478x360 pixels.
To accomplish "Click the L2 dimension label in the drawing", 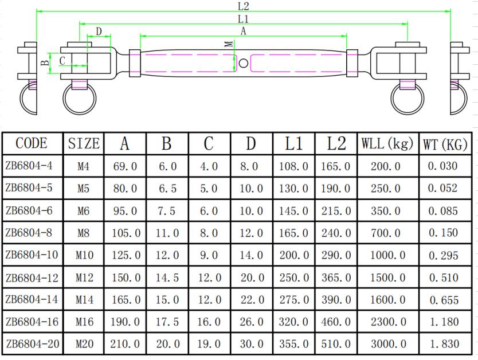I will pyautogui.click(x=243, y=6).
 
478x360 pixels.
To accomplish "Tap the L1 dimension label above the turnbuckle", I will pyautogui.click(x=243, y=19).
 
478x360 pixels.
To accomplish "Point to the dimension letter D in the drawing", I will pyautogui.click(x=99, y=31).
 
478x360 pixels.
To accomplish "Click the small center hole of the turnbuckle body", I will pyautogui.click(x=243, y=62).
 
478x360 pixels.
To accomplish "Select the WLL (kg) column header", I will pyautogui.click(x=387, y=144).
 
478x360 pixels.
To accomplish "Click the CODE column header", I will pyautogui.click(x=32, y=143).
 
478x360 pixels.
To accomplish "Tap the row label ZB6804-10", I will pyautogui.click(x=32, y=255).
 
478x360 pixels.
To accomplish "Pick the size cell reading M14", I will pyautogui.click(x=84, y=300).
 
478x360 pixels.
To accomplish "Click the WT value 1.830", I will pyautogui.click(x=443, y=345).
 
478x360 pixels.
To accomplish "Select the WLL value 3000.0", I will pyautogui.click(x=386, y=345).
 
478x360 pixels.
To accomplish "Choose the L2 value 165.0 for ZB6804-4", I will pyautogui.click(x=336, y=167).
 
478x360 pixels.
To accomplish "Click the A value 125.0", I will pyautogui.click(x=124, y=256).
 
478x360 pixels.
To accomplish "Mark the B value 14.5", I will pyautogui.click(x=166, y=278).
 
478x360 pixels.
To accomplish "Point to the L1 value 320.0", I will pyautogui.click(x=293, y=322).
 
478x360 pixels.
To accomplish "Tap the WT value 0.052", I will pyautogui.click(x=443, y=189).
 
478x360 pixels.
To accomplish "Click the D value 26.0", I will pyautogui.click(x=250, y=322).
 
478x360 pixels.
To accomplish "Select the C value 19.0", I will pyautogui.click(x=209, y=345).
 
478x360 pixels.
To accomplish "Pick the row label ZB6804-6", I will pyautogui.click(x=29, y=210).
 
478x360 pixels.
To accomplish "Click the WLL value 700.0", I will pyautogui.click(x=386, y=233).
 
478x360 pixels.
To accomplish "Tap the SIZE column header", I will pyautogui.click(x=84, y=144).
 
